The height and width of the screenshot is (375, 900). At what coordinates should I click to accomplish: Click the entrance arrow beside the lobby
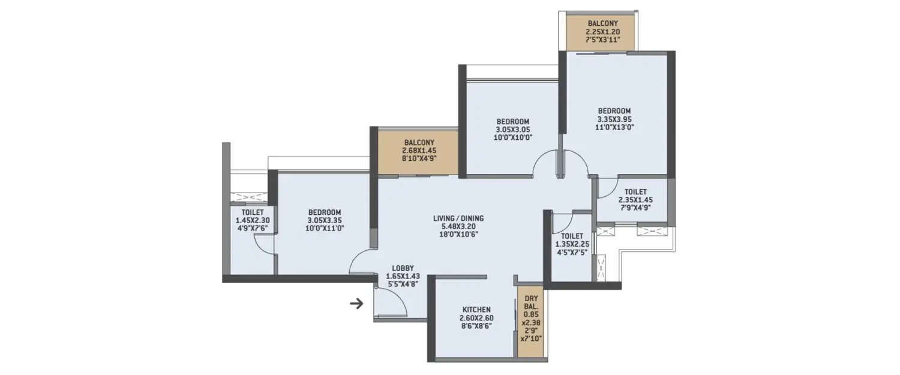[356, 304]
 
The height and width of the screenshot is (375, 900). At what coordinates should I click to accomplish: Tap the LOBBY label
[403, 268]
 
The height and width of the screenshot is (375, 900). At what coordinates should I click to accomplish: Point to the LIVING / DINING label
[458, 218]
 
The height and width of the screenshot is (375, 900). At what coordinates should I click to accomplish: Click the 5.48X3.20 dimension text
[458, 227]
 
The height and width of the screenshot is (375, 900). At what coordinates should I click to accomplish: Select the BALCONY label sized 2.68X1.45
[419, 143]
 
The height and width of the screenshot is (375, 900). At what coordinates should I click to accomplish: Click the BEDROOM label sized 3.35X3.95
[614, 111]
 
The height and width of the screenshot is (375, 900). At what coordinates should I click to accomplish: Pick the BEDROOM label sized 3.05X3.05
[513, 121]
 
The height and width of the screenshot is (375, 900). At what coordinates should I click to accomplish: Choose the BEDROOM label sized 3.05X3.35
[325, 212]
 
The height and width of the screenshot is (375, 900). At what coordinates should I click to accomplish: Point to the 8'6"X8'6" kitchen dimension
[478, 326]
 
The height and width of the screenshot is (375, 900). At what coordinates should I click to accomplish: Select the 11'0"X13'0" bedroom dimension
[614, 127]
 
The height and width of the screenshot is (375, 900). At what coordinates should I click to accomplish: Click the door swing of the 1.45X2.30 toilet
[265, 243]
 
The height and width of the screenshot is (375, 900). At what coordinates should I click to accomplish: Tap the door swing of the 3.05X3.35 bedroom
[362, 262]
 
